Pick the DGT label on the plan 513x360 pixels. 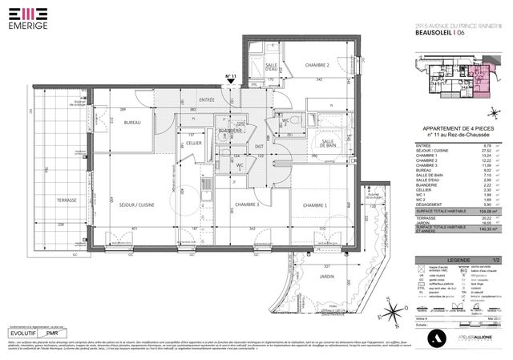click(259, 147)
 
